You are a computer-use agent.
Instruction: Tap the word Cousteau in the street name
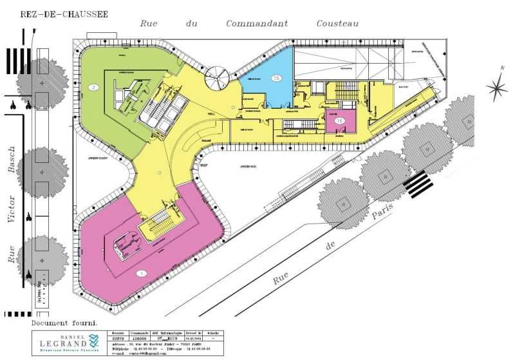(x=337, y=24)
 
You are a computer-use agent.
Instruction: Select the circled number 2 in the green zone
(x=94, y=88)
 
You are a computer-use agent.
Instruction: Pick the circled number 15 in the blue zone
(x=276, y=78)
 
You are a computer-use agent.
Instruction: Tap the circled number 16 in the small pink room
(x=340, y=120)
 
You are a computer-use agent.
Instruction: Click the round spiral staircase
(x=216, y=80)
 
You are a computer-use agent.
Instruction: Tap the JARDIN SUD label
(x=248, y=167)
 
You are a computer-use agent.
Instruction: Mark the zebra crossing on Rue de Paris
(x=418, y=184)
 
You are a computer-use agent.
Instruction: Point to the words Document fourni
(x=64, y=321)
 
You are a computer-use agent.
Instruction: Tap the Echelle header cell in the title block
(x=212, y=333)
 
